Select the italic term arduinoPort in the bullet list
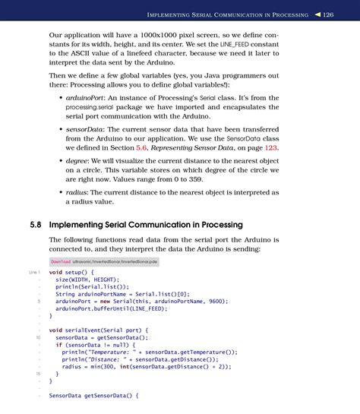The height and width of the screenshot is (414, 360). coord(87,100)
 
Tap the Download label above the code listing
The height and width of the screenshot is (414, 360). coord(60,261)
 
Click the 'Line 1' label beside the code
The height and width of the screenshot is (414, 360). coord(33,272)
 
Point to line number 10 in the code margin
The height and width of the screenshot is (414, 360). coord(37,337)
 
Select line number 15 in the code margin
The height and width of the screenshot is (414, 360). coord(37,374)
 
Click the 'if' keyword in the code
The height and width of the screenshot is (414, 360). coord(58,345)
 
